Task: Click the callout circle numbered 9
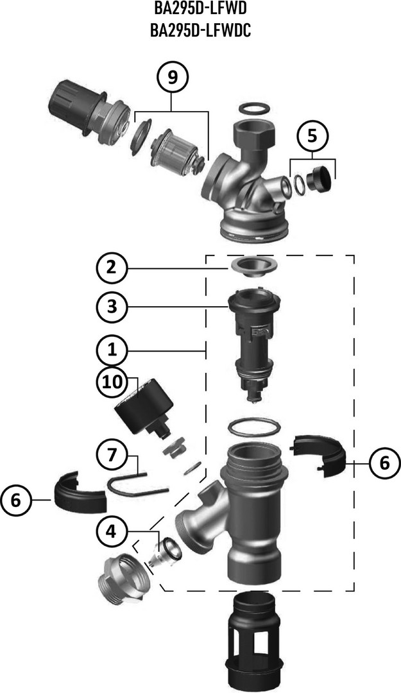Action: coord(173,77)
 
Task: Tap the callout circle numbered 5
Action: coord(312,135)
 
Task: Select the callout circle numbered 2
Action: coord(112,268)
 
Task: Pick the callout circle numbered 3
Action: coord(112,306)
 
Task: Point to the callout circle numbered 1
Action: coord(112,350)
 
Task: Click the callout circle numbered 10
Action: coord(112,381)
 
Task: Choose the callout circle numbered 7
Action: coord(112,455)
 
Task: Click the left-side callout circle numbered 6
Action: coord(16,500)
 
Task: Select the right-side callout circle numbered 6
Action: coord(384,463)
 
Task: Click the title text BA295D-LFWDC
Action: coord(200,31)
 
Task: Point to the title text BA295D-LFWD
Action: coord(200,8)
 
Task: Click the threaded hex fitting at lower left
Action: coord(121,577)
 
